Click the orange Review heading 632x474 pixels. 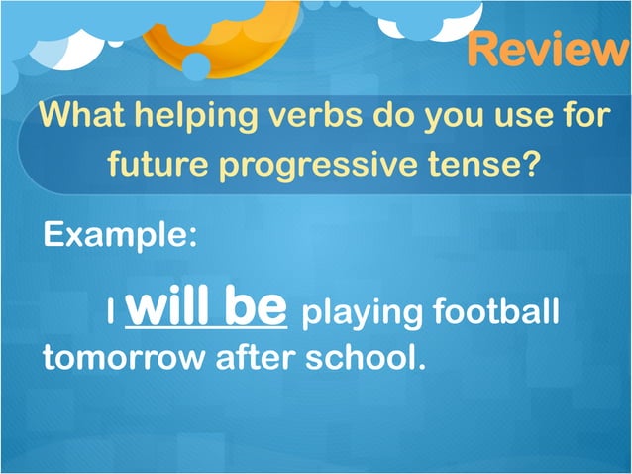pyautogui.click(x=548, y=48)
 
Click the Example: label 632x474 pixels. pyautogui.click(x=120, y=236)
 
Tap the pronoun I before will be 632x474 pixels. pyautogui.click(x=112, y=314)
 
